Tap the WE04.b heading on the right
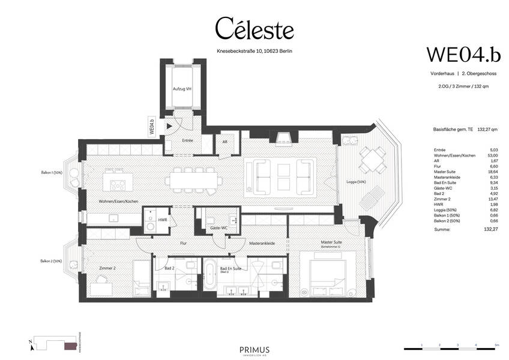click(463, 53)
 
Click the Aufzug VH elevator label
click(181, 89)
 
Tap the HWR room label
click(162, 220)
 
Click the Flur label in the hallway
click(184, 244)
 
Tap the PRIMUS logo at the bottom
click(254, 350)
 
